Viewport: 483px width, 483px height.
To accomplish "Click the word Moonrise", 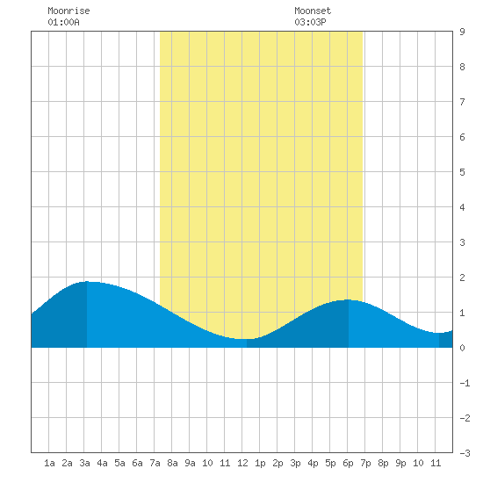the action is [68, 11].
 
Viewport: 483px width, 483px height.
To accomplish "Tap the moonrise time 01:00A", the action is [63, 22].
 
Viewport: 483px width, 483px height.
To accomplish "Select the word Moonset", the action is [313, 11].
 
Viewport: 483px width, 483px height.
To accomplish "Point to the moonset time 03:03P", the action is [310, 22].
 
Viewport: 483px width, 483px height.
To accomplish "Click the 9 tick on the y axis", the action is [462, 32].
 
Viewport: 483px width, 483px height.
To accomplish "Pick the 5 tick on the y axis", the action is [462, 172].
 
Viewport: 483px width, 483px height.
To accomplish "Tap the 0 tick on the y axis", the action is [462, 348].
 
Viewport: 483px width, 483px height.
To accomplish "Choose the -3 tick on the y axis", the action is [465, 453].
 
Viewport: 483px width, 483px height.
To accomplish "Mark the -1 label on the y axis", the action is [465, 383].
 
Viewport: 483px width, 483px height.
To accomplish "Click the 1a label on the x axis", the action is [49, 463].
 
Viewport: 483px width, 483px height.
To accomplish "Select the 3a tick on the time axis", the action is [84, 463].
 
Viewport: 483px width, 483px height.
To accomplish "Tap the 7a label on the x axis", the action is [155, 463].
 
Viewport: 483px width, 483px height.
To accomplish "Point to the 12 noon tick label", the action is [242, 463].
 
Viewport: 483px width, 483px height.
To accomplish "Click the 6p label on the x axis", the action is [348, 463].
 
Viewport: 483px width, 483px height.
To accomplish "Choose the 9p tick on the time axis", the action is [400, 463].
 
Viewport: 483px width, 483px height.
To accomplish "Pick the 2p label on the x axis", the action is [278, 463].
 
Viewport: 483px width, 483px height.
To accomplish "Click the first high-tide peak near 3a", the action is [87, 282].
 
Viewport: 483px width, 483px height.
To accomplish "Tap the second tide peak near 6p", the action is [348, 299].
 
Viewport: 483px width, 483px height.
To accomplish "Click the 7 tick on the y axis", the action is [462, 102].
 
